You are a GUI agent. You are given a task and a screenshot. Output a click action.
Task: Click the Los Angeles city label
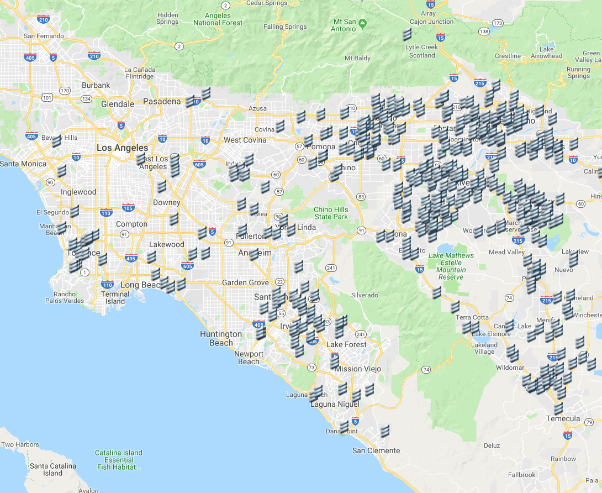122,148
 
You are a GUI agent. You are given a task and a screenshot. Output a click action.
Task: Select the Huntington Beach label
221,338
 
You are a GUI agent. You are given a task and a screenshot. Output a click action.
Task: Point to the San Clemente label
376,450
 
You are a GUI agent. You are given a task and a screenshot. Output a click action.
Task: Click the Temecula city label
563,418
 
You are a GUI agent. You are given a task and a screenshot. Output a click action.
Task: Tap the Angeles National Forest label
218,19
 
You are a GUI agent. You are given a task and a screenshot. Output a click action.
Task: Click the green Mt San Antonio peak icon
362,23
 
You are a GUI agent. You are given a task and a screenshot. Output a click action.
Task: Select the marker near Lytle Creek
407,34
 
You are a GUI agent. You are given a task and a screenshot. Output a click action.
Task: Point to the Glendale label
117,104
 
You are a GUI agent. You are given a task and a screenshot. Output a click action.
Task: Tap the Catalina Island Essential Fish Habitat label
118,460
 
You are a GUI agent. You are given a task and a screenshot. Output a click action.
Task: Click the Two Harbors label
20,444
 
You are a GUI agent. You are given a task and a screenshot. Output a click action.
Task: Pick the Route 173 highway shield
498,23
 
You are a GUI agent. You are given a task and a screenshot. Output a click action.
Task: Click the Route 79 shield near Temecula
589,423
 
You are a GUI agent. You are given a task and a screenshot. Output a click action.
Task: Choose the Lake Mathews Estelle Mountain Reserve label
451,266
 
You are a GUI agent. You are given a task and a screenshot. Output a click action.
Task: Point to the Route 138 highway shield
484,32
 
